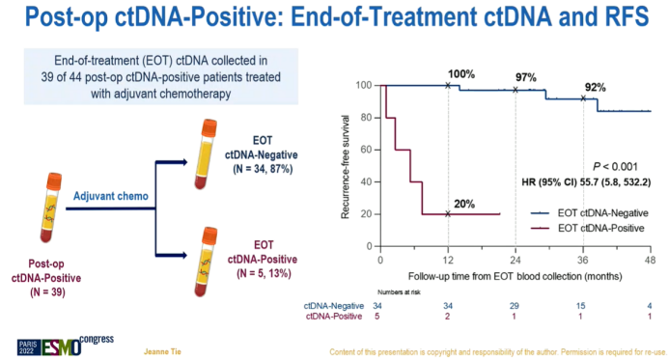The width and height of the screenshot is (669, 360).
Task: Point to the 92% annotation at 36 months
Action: (594, 87)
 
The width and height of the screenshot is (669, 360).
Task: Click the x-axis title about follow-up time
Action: (515, 278)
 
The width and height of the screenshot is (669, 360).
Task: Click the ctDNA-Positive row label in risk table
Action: (335, 315)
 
